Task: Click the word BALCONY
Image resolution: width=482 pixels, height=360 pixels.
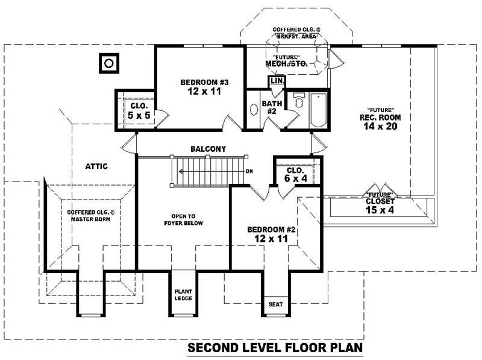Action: click(x=208, y=148)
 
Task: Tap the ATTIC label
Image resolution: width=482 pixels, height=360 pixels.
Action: click(x=96, y=166)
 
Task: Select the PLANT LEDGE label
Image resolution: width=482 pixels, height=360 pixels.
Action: click(x=183, y=295)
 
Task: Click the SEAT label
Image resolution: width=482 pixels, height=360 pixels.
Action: click(x=275, y=304)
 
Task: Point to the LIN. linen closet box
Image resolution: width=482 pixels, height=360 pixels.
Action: click(x=277, y=80)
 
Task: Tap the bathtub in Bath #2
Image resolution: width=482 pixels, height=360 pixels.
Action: click(x=318, y=109)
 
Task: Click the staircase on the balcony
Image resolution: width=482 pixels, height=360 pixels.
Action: click(x=208, y=171)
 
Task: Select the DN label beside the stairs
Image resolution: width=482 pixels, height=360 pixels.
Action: click(x=249, y=171)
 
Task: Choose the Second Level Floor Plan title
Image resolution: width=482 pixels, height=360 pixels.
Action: click(x=276, y=348)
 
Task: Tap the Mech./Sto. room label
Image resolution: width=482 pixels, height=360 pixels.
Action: click(x=287, y=63)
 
